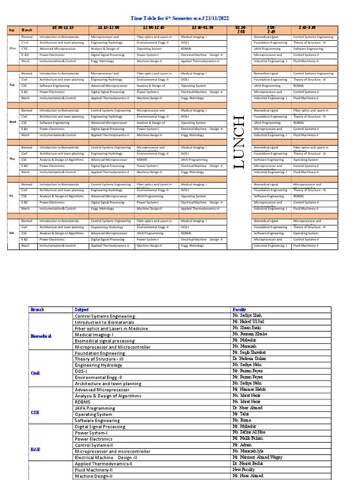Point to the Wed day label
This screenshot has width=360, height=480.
(x=11, y=121)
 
